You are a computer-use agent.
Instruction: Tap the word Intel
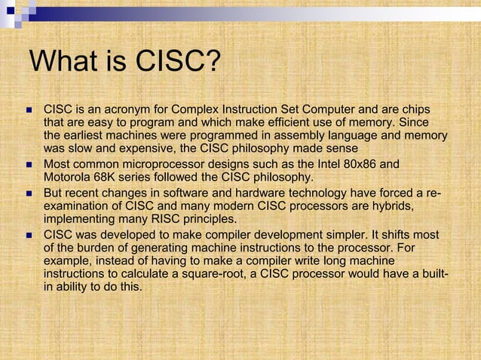326,163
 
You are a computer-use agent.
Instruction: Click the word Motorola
70,177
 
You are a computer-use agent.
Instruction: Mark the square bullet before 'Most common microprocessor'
29,164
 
